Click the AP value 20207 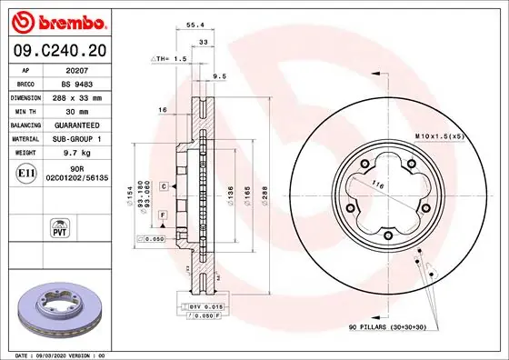(x=87, y=68)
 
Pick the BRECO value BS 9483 (x=87, y=82)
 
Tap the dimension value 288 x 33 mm (x=87, y=95)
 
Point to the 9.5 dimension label (x=219, y=76)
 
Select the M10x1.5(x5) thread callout (x=440, y=135)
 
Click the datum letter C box (x=162, y=186)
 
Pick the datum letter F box (x=162, y=213)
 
